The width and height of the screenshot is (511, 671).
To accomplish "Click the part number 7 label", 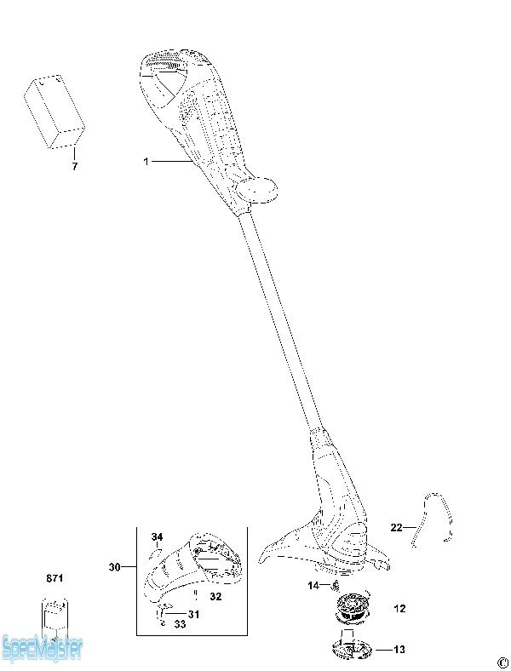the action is click(x=75, y=165).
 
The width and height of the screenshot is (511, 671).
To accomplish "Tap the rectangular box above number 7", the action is click(x=54, y=112).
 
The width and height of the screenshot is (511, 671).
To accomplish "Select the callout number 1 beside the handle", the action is click(x=146, y=161).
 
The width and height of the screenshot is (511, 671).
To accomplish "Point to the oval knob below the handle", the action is click(x=257, y=191).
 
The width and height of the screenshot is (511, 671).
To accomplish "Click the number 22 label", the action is click(x=396, y=527).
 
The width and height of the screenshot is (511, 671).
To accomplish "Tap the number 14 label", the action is click(x=313, y=585).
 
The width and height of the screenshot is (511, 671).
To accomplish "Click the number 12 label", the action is click(x=399, y=608).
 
